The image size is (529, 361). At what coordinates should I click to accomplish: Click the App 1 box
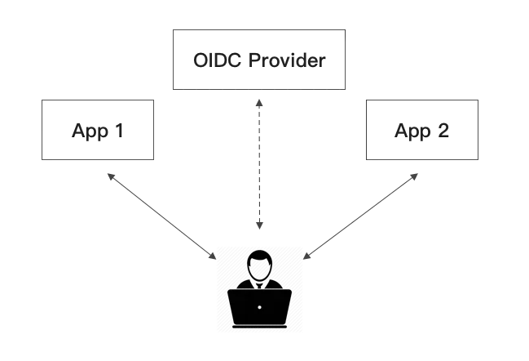click(97, 131)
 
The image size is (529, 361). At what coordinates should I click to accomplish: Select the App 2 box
click(422, 131)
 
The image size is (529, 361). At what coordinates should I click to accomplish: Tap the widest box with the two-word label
click(257, 59)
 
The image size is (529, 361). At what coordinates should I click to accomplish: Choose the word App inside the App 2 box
click(410, 131)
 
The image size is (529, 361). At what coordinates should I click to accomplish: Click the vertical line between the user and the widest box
click(260, 163)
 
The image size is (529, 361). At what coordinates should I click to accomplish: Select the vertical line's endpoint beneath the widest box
click(261, 105)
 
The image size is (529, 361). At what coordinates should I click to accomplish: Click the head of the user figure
click(260, 263)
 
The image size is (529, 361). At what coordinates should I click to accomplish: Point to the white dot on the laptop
click(260, 308)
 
